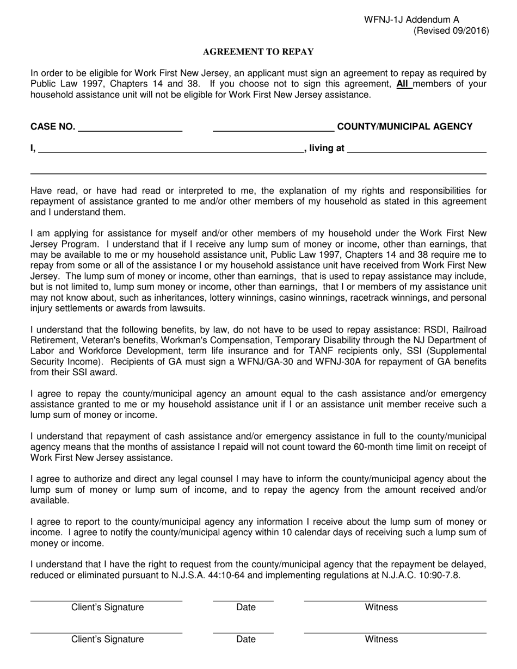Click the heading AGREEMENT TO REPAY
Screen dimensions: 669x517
[258, 52]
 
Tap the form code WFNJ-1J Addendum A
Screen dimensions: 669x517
[411, 20]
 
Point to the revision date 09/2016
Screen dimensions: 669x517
[470, 31]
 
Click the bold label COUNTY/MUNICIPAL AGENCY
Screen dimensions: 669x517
[405, 127]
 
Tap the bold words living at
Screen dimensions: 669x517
[327, 148]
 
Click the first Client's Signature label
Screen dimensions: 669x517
[107, 608]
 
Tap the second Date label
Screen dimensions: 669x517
[245, 640]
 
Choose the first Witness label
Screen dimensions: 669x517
[381, 608]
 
